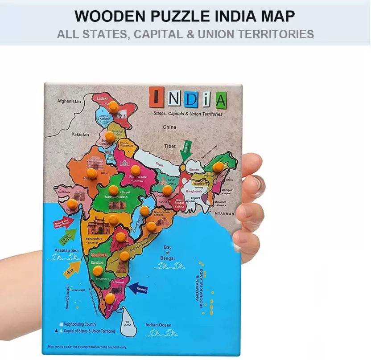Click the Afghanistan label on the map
(70, 101)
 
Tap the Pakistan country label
(80, 134)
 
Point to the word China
(169, 127)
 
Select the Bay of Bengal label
(168, 253)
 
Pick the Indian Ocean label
(158, 325)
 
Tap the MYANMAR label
(223, 214)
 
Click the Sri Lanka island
(129, 321)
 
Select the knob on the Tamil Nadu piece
(110, 297)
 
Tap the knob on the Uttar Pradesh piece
(135, 169)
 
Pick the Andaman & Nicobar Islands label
(199, 285)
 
